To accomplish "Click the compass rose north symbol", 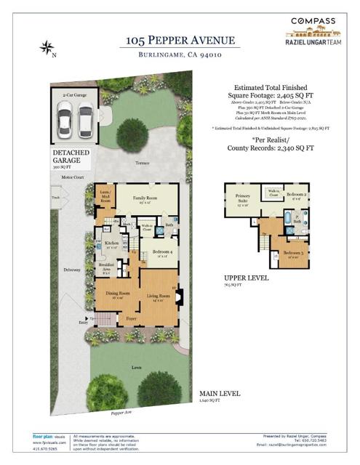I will click(47, 49).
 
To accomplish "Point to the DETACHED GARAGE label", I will click(72, 157).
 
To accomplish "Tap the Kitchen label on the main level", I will click(111, 243).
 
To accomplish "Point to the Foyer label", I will click(131, 318).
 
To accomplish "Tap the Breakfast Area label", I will click(106, 266).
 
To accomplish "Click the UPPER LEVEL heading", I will click(247, 278).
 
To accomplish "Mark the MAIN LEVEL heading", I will click(217, 395).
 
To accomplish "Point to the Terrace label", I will click(142, 163).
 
